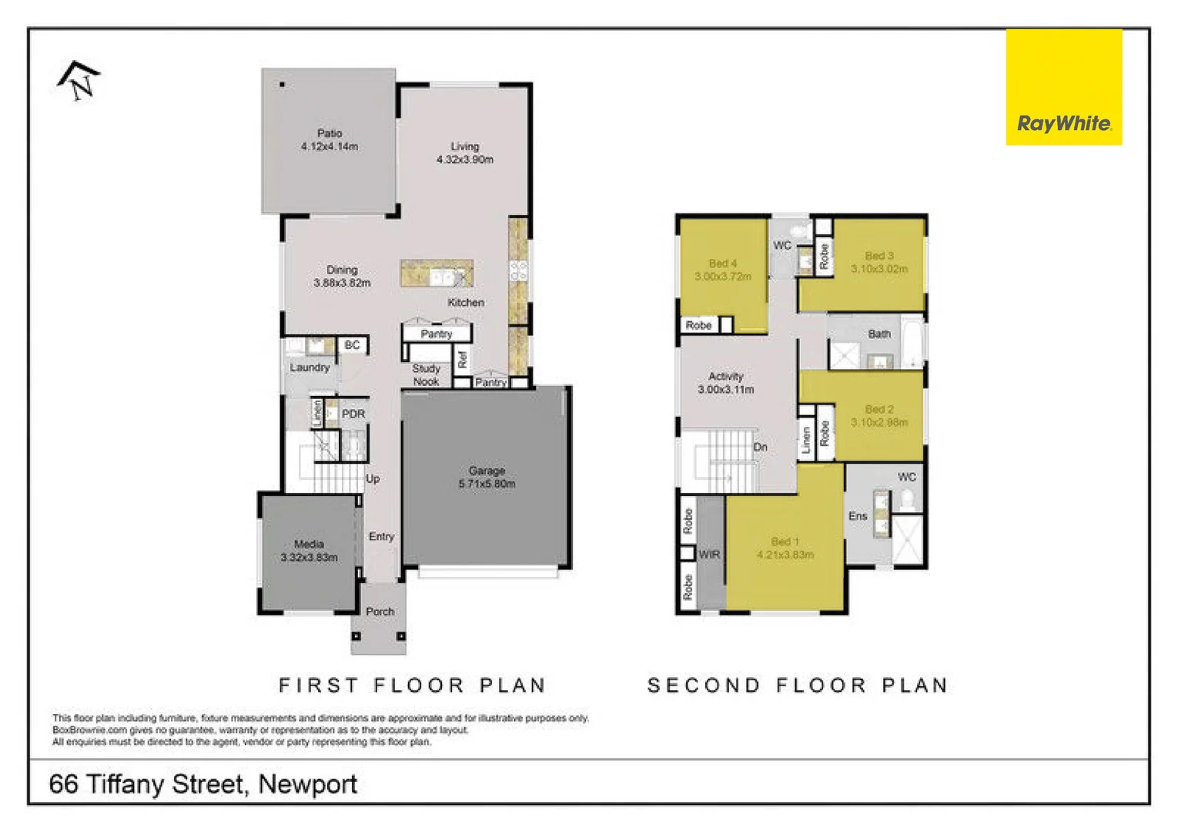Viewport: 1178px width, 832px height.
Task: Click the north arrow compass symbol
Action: tap(79, 80)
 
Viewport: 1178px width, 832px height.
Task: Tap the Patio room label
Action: tap(330, 133)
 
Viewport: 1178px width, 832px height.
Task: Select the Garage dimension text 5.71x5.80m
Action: tap(487, 484)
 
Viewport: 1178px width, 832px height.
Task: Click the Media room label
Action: tap(309, 544)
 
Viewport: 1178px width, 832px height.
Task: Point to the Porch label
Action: tap(380, 611)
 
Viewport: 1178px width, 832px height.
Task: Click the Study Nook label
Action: tap(426, 375)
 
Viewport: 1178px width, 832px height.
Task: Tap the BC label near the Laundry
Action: tap(352, 345)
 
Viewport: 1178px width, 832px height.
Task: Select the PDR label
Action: tap(353, 414)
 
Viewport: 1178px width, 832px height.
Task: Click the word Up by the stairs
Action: tap(373, 478)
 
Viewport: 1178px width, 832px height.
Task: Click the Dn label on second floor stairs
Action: tap(760, 447)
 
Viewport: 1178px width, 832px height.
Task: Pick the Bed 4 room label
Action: tap(722, 263)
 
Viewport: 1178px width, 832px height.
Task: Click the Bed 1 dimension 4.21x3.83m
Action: tap(785, 555)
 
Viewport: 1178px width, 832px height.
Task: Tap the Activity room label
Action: tap(725, 376)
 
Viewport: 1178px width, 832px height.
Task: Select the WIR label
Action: tap(708, 554)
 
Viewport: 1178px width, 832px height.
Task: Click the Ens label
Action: tap(858, 516)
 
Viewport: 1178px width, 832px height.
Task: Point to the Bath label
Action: tap(878, 334)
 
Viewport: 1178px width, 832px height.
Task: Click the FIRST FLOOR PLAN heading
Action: tap(412, 685)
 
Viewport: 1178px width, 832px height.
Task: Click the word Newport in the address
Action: tap(307, 784)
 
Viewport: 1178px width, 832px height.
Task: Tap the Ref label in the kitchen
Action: tap(462, 359)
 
